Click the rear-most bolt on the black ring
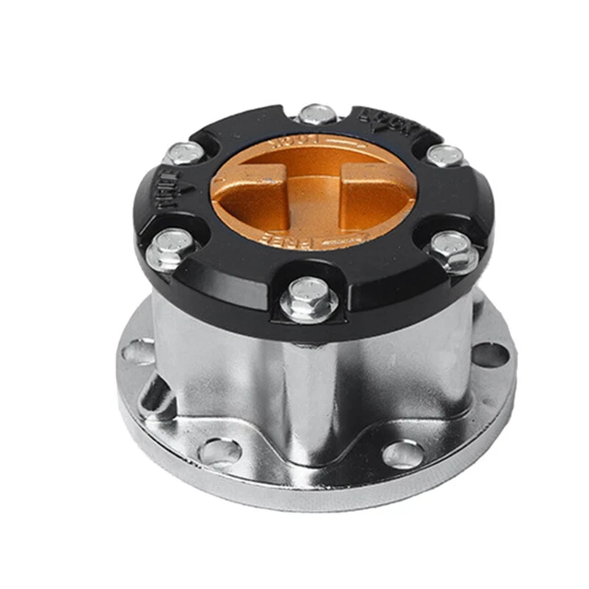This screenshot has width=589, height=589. click(x=318, y=115)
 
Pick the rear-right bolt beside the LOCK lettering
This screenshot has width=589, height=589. click(x=445, y=156)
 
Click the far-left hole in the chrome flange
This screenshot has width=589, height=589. click(x=138, y=351)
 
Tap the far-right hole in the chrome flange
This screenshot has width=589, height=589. click(x=489, y=353)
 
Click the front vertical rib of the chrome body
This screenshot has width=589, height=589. click(x=309, y=396)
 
